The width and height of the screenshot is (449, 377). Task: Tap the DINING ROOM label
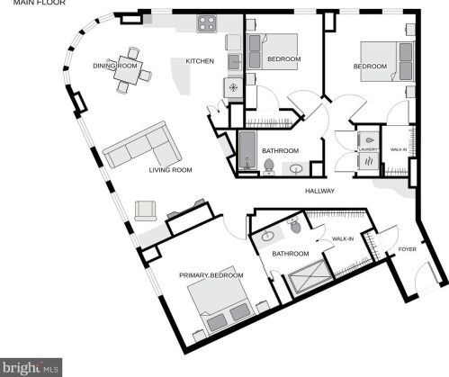point(114,66)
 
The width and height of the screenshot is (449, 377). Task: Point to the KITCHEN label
point(200,61)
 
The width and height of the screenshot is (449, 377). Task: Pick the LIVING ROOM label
point(171,169)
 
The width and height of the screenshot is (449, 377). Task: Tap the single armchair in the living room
point(146,211)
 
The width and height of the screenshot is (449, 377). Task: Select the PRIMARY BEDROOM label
point(211,275)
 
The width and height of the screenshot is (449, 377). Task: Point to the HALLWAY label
point(319,191)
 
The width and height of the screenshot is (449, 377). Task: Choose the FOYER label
point(408,249)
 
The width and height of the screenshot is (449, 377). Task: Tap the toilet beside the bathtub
point(268,166)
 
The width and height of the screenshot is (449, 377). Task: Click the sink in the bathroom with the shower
point(267,237)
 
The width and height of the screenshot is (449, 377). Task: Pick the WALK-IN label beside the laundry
point(398,148)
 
